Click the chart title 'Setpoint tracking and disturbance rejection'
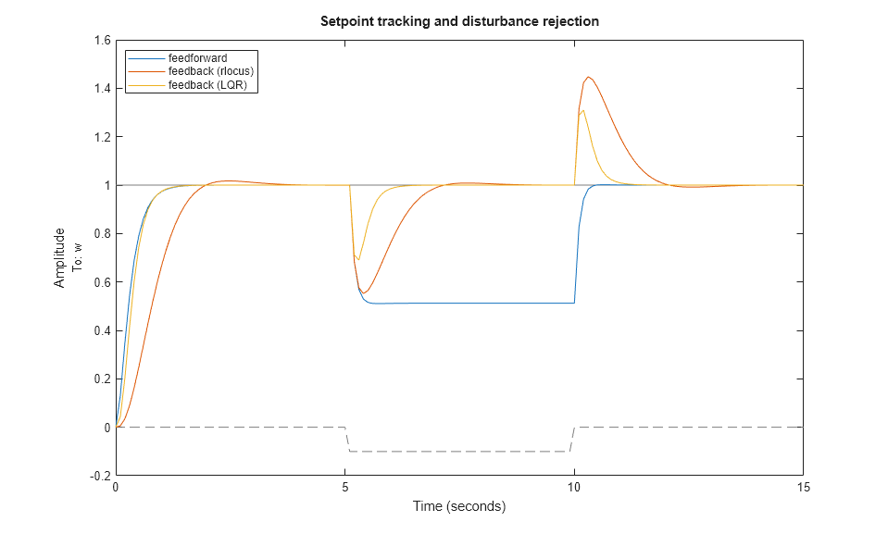459,21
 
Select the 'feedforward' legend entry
197,58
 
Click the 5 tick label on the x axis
344,488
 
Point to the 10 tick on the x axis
574,488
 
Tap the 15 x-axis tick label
803,488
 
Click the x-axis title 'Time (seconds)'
459,506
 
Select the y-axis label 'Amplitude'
60,257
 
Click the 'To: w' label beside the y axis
78,257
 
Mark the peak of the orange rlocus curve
589,77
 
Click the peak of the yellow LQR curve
582,111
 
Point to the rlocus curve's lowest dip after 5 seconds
365,293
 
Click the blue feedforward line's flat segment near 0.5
463,303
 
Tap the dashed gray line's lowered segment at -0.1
459,452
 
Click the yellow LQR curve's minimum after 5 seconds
358,260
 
